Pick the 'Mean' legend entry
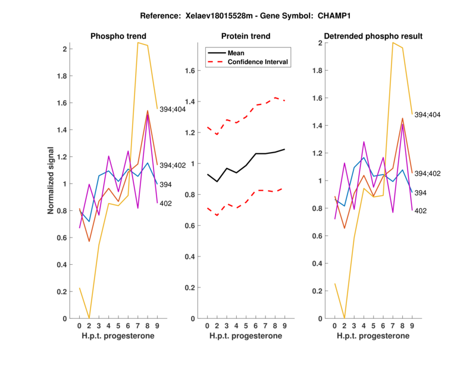click(236, 53)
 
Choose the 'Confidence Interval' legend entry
click(258, 62)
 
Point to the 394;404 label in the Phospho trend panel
click(173, 108)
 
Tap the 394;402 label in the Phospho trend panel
click(173, 165)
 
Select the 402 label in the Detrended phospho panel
click(421, 211)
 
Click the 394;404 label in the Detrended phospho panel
click(427, 115)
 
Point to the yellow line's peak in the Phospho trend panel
click(139, 43)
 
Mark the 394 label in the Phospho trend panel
click(166, 185)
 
